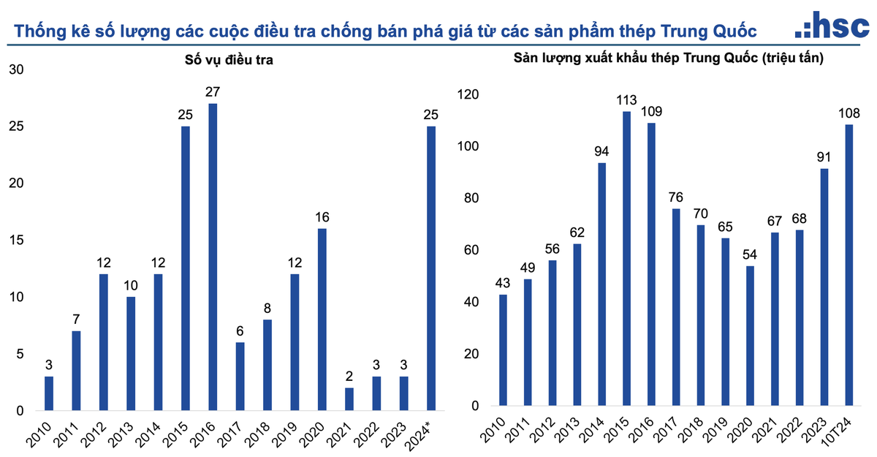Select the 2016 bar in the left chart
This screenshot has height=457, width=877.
213,256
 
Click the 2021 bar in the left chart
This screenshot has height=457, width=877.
349,399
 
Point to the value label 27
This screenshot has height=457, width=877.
213,92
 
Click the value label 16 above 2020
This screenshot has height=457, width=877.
322,217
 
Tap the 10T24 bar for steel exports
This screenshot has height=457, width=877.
849,265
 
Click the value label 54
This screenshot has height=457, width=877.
750,254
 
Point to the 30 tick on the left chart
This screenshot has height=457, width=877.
16,69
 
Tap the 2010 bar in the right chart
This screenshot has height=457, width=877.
503,350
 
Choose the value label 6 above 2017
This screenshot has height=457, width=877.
240,331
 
